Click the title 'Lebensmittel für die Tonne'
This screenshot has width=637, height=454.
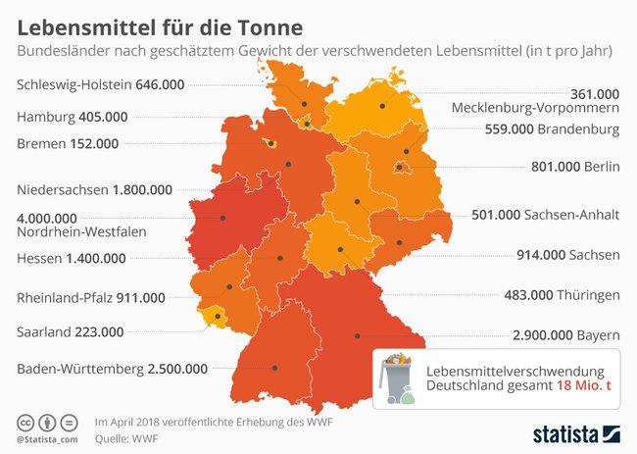pos(160,21)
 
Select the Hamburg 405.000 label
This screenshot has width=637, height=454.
pos(73,117)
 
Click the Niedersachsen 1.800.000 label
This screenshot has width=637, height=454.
pos(95,189)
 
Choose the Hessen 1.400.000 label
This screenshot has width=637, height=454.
pos(72,258)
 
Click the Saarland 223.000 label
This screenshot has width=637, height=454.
pos(73,331)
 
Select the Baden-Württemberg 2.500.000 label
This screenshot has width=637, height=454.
pos(113,369)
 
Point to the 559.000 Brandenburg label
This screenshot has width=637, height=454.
pos(553,128)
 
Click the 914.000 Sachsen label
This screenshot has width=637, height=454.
pos(569,254)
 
